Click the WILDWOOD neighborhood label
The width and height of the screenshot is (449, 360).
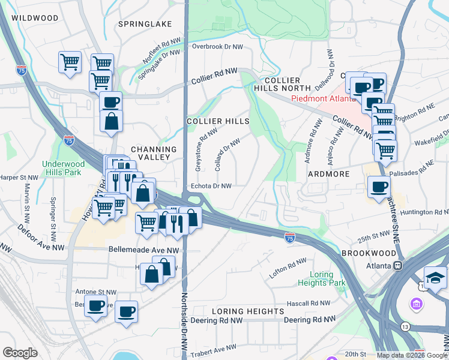point(34,18)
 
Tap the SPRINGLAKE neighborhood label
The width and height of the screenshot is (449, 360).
point(145,24)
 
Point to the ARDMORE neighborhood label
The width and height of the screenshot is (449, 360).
point(329,174)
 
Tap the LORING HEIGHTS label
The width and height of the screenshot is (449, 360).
point(248,311)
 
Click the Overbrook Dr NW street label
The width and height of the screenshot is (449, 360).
point(217,46)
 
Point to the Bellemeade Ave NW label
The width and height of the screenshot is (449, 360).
point(144,250)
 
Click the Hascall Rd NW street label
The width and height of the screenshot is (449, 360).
point(309,304)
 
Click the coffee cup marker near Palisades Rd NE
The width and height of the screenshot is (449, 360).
point(378,187)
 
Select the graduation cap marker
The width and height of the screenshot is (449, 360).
point(435,277)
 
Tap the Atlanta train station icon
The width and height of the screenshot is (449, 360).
point(397,265)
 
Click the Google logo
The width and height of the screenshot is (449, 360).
point(20,353)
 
